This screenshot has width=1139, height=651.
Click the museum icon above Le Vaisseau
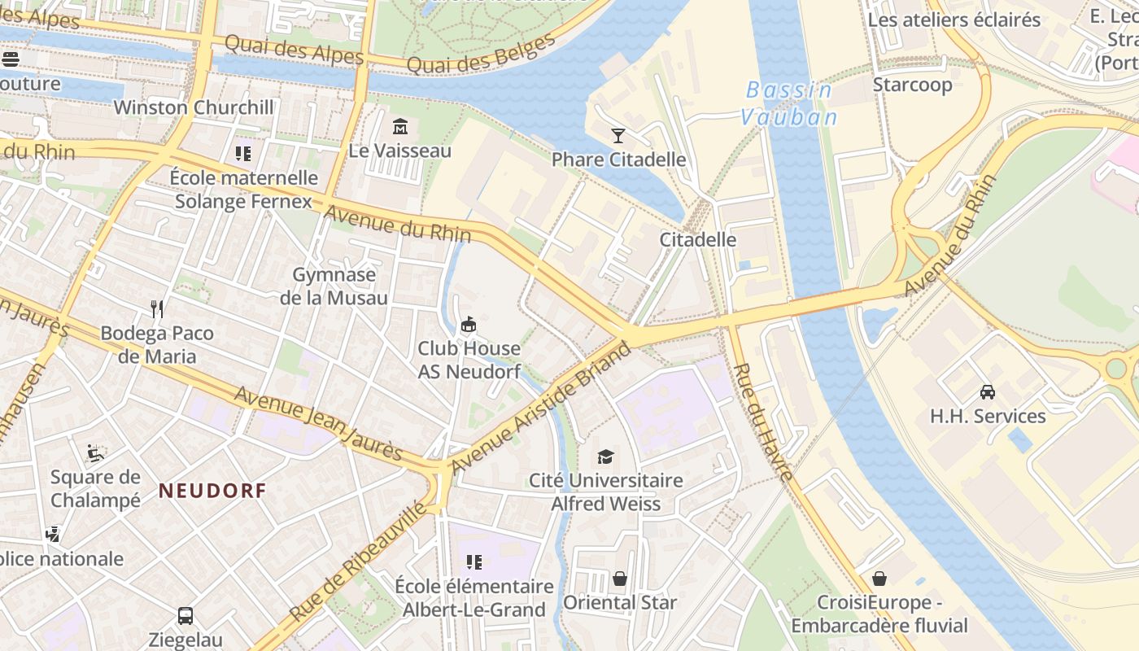[400, 127]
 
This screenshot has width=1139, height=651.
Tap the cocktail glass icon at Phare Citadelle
[618, 136]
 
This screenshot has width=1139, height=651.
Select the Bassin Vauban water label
[788, 103]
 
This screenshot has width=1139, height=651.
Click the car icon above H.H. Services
[988, 392]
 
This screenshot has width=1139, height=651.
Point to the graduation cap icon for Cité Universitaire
[605, 457]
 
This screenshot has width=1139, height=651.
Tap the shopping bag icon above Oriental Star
[620, 579]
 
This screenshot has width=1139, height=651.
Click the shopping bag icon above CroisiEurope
[879, 579]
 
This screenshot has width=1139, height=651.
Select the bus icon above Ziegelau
[185, 616]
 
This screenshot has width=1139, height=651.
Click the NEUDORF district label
[212, 491]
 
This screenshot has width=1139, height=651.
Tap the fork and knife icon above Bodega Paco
[158, 308]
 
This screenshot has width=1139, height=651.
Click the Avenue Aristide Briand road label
[541, 407]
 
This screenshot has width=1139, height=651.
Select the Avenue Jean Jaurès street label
[318, 422]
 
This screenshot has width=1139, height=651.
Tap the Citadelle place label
[697, 240]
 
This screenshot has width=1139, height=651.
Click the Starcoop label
[912, 85]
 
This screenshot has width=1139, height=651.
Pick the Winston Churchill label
[194, 107]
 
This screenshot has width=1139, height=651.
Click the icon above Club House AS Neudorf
[469, 325]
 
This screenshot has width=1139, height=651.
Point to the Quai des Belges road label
[480, 53]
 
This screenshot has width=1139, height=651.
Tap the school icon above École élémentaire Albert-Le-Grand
[474, 562]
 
